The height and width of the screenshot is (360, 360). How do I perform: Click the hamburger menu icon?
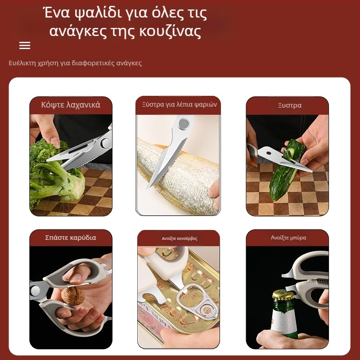tap(25, 45)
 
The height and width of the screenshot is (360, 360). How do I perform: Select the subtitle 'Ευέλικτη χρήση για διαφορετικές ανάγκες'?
tap(75, 63)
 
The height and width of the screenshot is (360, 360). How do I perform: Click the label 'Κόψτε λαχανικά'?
tap(71, 105)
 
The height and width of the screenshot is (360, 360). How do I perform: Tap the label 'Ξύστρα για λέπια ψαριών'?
tap(179, 105)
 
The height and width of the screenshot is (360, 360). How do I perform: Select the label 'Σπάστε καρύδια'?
tap(71, 238)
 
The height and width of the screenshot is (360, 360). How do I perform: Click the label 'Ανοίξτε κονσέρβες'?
tap(179, 238)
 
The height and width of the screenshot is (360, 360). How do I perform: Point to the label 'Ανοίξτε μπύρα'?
tap(288, 238)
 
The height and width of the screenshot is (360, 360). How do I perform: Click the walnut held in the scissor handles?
tap(73, 296)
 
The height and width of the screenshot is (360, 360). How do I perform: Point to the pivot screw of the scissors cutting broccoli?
tap(106, 143)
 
